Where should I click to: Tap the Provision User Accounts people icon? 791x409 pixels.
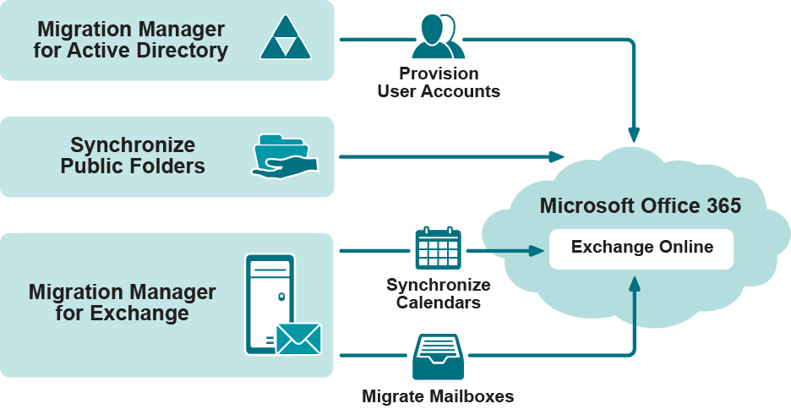438,37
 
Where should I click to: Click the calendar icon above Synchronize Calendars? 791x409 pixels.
438,249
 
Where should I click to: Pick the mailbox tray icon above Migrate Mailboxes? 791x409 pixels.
438,357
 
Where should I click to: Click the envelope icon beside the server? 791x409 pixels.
298,338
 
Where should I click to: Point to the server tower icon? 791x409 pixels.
270,303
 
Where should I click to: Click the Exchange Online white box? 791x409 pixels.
641,248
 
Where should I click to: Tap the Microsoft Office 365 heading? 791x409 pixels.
641,205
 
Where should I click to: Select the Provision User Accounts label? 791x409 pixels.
439,82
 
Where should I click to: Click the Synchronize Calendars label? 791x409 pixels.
439,293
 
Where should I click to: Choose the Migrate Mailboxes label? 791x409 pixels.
438,395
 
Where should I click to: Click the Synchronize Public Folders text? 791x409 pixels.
133,155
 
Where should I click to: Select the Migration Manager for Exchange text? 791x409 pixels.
123,303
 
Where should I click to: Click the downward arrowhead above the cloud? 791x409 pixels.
634,134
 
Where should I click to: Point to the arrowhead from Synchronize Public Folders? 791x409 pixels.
556,156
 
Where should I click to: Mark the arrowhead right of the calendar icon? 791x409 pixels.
535,250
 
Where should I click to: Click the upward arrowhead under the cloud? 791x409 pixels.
634,282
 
